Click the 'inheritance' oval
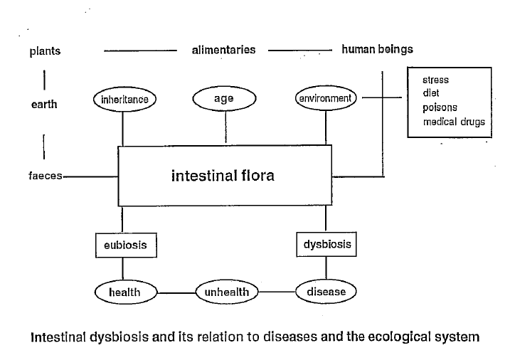(x=124, y=100)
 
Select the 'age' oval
(x=224, y=100)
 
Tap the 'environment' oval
(x=325, y=98)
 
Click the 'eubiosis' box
(x=126, y=245)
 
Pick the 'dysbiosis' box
(x=326, y=244)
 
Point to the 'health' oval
(x=124, y=292)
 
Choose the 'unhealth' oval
(x=226, y=292)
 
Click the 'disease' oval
(x=326, y=292)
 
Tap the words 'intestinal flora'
(x=223, y=175)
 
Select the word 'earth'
(x=44, y=105)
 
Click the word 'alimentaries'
(x=223, y=51)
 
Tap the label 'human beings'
(x=377, y=50)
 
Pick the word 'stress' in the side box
(x=435, y=80)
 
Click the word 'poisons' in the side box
(x=440, y=107)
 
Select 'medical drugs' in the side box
(x=454, y=122)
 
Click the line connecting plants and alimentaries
(x=140, y=51)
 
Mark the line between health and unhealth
(x=176, y=292)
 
